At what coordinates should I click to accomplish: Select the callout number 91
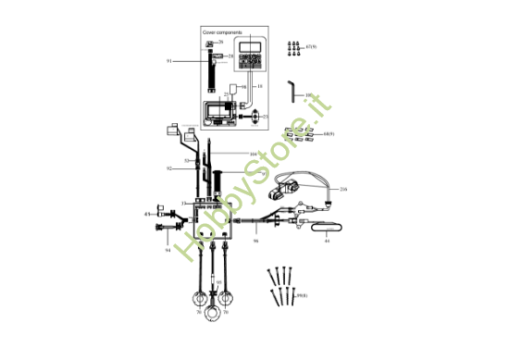169,60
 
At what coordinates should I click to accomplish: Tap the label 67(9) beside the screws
311,45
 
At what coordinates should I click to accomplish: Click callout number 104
253,153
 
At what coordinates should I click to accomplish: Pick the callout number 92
169,168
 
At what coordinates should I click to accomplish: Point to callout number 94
168,250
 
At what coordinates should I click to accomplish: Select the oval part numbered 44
326,226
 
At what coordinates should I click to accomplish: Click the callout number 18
260,85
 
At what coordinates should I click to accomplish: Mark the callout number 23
265,117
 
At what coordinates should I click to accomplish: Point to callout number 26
220,43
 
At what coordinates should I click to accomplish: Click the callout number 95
218,282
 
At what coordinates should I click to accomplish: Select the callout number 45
147,214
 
